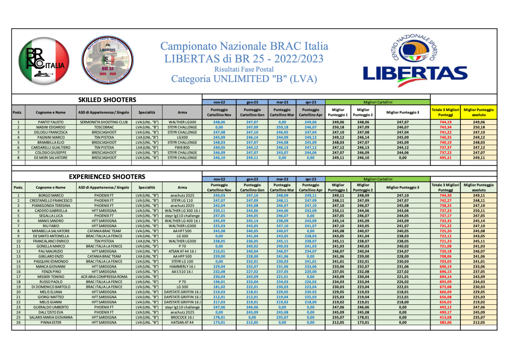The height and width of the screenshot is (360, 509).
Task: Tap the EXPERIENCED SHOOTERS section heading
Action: (x=107, y=177)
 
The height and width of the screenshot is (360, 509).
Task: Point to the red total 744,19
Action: (x=445, y=122)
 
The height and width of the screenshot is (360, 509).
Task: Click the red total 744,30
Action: (x=445, y=196)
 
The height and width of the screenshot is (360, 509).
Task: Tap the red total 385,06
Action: (x=445, y=322)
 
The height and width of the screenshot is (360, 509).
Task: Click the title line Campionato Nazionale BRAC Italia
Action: (x=244, y=47)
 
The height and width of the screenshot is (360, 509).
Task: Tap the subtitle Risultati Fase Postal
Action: (x=244, y=69)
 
